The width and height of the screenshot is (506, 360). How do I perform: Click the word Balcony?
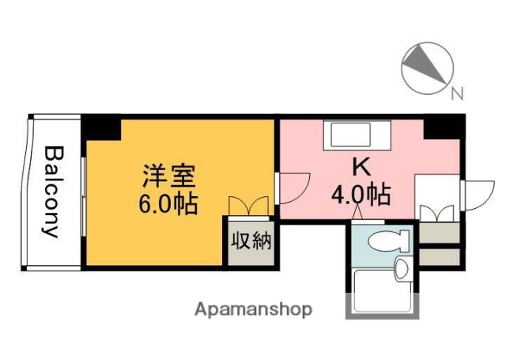pos(52,191)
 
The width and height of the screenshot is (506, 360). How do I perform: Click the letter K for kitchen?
pos(361,167)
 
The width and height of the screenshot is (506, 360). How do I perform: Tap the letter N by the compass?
pos(456,94)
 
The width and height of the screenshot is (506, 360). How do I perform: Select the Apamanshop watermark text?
pos(253,309)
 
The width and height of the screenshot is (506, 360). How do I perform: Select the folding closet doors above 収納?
pos(249,206)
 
